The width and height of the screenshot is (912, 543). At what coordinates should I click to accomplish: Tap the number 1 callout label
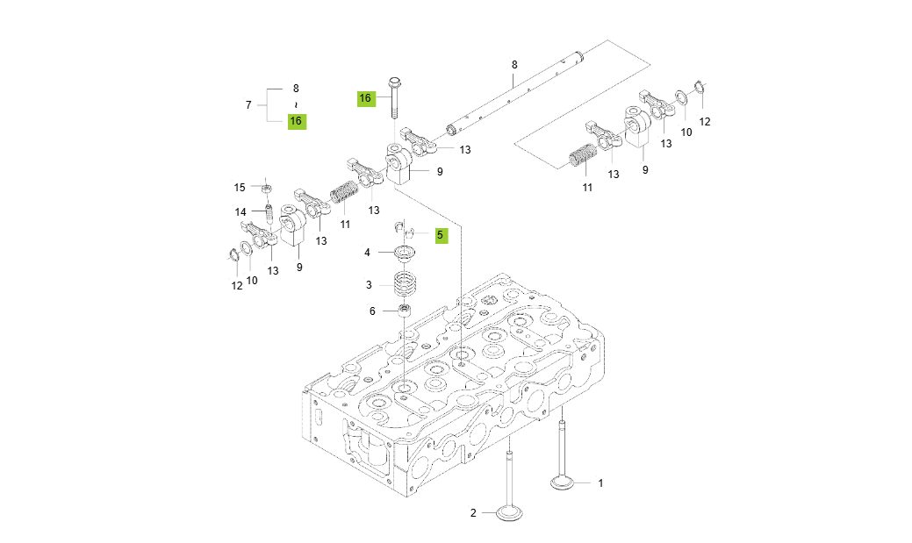(601, 482)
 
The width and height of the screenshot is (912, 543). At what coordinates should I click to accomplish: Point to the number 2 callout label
(472, 513)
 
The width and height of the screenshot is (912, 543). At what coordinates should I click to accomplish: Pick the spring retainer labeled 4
(405, 254)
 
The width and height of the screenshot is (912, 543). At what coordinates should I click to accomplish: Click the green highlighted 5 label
(440, 235)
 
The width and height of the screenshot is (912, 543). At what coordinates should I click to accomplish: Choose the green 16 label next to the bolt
(365, 98)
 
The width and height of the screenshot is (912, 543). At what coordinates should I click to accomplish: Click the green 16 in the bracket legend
(297, 121)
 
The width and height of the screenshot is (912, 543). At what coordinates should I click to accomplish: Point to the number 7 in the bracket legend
(248, 105)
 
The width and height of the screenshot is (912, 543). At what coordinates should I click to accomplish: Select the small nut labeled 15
(266, 187)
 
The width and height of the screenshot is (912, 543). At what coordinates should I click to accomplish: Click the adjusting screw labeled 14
(269, 213)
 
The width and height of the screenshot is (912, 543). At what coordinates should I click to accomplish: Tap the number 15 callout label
(240, 187)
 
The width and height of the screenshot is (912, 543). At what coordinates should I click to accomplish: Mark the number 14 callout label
(240, 212)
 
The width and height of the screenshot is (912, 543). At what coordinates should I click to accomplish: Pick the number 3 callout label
(370, 285)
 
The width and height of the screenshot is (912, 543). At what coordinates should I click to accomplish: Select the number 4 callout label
(368, 253)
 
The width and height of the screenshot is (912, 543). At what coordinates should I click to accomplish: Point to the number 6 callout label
(371, 311)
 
